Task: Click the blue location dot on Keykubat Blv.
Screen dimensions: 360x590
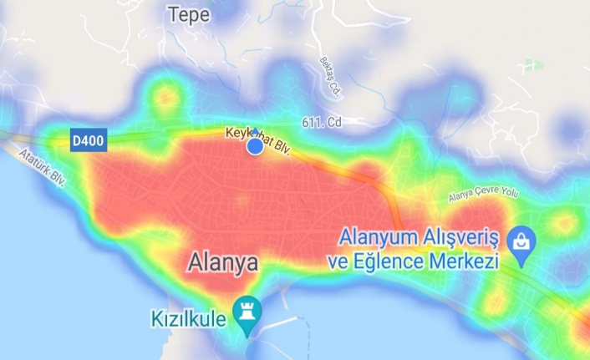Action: click(x=255, y=147)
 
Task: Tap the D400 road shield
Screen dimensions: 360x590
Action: click(x=88, y=141)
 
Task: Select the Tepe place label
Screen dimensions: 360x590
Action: click(x=187, y=14)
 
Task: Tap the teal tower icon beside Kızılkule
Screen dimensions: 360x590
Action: click(x=247, y=312)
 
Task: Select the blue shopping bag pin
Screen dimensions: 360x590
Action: click(x=522, y=241)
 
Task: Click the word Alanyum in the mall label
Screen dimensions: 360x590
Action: click(x=373, y=237)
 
